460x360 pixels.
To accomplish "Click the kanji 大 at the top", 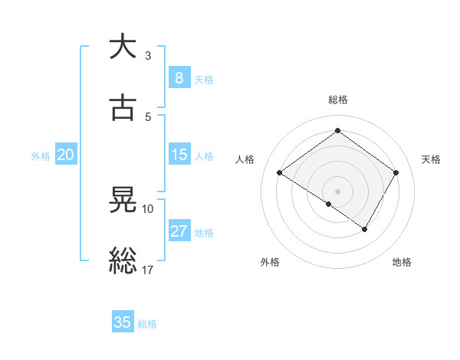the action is [123, 47].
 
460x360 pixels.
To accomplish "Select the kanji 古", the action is [123, 109].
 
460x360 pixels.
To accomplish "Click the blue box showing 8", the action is [179, 77].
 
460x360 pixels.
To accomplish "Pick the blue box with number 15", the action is [179, 155].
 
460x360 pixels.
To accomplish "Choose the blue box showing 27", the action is [179, 231].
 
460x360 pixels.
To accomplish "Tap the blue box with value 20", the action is [65, 155].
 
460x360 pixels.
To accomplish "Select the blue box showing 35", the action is [123, 322].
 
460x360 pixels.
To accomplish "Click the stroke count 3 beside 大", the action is [147, 56].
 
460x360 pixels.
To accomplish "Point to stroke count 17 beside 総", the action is [148, 270].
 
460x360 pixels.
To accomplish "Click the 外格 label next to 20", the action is [41, 156].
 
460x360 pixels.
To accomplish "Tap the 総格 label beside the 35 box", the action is [147, 324].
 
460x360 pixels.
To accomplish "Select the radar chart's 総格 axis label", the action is [338, 100].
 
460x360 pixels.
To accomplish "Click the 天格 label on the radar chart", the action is [431, 159].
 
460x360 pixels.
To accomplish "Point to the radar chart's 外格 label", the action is [270, 262].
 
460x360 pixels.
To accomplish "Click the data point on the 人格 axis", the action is [280, 173].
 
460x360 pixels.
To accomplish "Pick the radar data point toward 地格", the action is [365, 229].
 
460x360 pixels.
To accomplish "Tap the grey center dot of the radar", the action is [338, 191].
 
